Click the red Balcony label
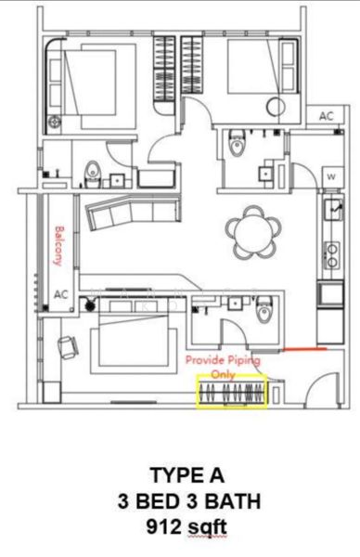pos(59,246)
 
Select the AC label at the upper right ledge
pos(325,117)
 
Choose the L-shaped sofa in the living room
pos(121,212)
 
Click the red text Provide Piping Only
pos(223,364)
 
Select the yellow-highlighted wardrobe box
pos(230,391)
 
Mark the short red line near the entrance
pos(304,350)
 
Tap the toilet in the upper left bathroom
pos(93,173)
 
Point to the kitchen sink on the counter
pos(331,213)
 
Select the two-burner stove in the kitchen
pos(331,253)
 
